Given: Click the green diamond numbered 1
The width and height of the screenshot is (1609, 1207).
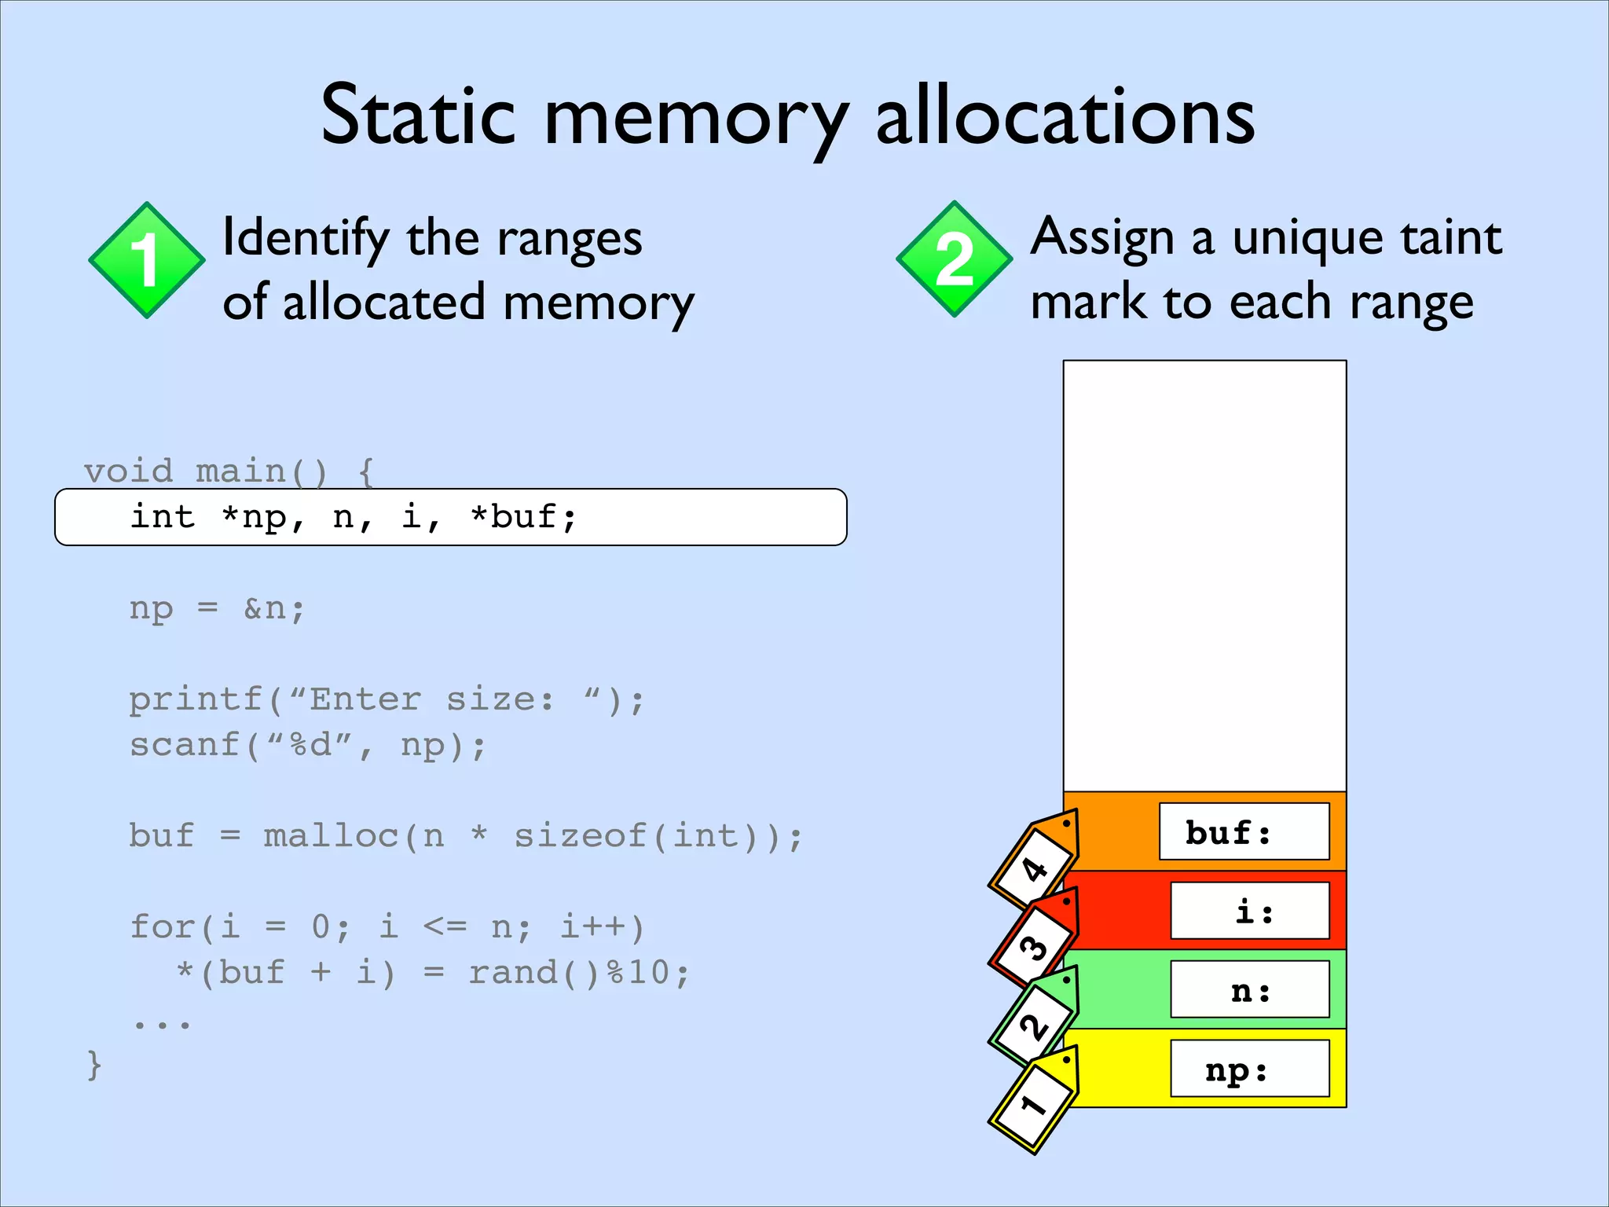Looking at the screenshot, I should click(146, 260).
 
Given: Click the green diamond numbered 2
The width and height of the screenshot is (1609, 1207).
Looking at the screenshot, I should click(954, 259).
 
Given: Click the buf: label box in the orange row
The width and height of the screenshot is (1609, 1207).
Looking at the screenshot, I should click(1244, 831).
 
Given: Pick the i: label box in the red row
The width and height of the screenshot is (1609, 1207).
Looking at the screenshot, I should click(1249, 911).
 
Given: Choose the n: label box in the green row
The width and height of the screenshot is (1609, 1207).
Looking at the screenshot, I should click(1249, 989).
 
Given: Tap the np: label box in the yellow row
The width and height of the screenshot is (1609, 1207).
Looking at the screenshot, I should click(1249, 1069).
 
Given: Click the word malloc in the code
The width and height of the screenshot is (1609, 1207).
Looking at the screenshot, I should click(331, 836).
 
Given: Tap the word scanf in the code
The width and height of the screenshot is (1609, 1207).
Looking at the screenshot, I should click(184, 745).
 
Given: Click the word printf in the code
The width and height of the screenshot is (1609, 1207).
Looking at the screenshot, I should click(196, 699).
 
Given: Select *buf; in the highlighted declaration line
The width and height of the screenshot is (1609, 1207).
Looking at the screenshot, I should click(523, 517).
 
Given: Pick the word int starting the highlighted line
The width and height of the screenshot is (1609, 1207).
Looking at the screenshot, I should click(162, 517).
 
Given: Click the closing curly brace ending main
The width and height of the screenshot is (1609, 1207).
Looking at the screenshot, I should click(94, 1066).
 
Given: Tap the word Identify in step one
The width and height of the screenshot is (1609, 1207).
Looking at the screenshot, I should click(306, 238).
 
